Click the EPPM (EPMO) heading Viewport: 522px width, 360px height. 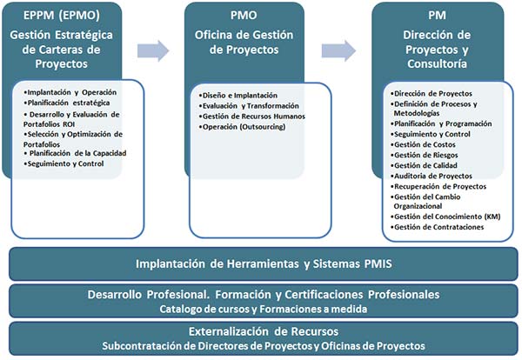(62, 16)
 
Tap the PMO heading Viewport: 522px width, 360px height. (244, 16)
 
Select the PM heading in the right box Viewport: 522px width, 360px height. (437, 16)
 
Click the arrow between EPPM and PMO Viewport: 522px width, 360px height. (153, 51)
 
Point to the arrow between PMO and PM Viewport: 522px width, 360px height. (338, 51)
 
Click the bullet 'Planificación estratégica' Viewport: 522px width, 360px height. (67, 103)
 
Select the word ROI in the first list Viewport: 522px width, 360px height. (69, 124)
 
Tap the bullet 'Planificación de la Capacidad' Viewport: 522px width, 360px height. (75, 153)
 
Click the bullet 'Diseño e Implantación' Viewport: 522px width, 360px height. (238, 96)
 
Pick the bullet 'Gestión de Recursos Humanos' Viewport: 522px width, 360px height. (252, 117)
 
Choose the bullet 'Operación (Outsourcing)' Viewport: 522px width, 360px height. (242, 127)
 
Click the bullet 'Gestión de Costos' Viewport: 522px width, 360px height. (423, 144)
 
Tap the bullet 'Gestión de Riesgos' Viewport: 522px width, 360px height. (425, 155)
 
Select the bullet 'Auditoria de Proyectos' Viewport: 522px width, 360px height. (432, 176)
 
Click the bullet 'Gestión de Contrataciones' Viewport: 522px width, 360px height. (437, 227)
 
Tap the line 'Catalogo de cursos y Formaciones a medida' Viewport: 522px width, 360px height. (264, 309)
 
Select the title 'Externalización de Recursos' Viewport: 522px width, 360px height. (264, 331)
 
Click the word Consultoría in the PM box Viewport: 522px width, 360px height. (437, 63)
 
